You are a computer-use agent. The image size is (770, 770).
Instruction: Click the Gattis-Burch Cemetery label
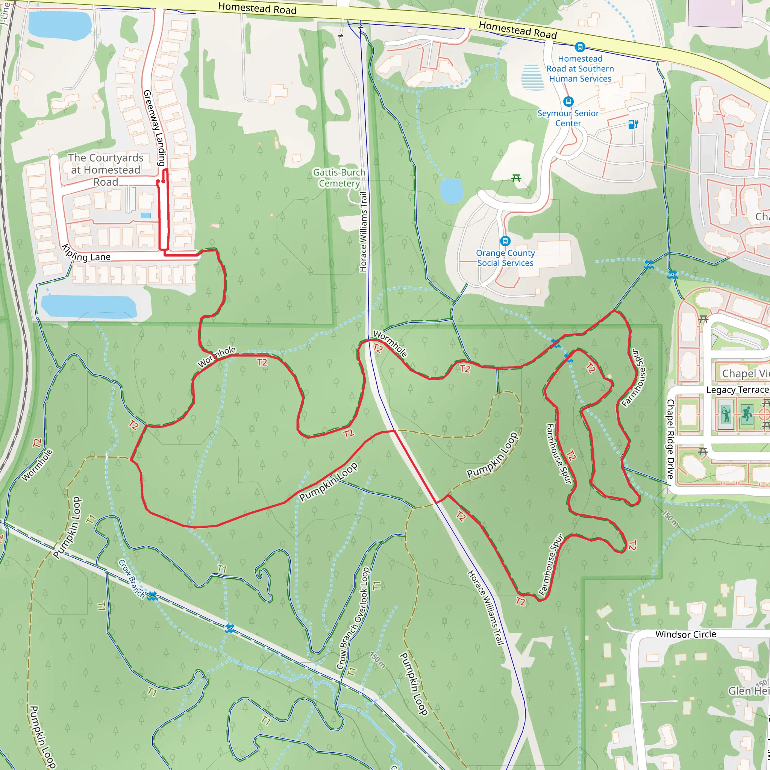(x=339, y=178)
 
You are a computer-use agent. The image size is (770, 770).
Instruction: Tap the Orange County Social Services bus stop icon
(x=505, y=241)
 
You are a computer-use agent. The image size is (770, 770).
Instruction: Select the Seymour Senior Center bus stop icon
(x=568, y=102)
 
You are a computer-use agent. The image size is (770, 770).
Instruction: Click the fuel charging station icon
(x=633, y=124)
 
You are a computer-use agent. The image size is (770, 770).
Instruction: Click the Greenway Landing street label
(x=154, y=127)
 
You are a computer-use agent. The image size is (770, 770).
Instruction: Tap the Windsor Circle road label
(x=685, y=634)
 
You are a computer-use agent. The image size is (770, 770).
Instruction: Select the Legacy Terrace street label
(x=737, y=390)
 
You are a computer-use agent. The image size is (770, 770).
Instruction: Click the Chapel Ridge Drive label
(x=670, y=439)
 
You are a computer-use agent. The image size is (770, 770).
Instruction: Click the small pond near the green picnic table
(x=451, y=191)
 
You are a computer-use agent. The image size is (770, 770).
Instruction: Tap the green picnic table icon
(x=516, y=178)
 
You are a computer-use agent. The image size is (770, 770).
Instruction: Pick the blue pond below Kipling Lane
(x=88, y=306)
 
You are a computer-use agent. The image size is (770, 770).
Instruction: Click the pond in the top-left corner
(x=60, y=25)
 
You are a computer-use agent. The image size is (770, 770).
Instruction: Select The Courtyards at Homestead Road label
(x=106, y=170)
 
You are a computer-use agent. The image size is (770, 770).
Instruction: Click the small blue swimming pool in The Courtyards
(x=146, y=215)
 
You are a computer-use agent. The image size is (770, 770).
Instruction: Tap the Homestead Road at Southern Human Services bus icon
(x=580, y=47)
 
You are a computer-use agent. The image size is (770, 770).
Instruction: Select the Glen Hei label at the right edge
(x=749, y=690)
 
